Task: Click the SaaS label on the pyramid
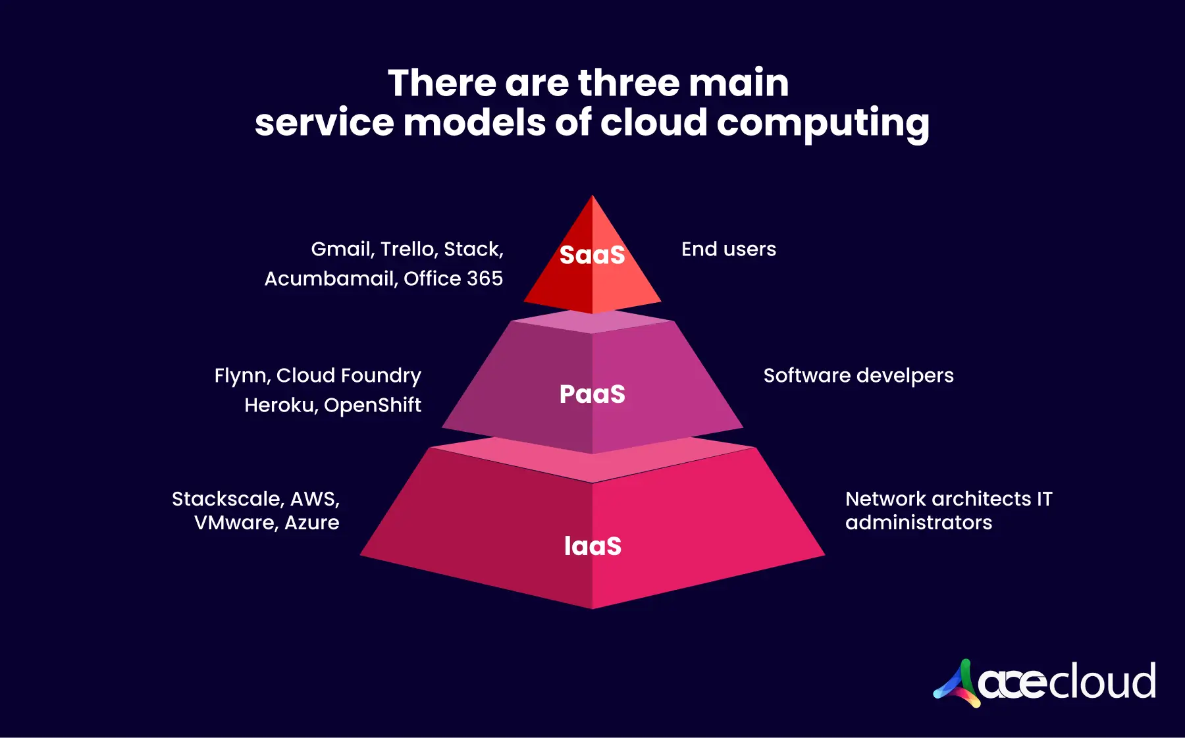point(592,255)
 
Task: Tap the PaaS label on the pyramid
point(592,394)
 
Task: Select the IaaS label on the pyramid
point(592,546)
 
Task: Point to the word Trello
point(408,250)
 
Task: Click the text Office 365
point(453,279)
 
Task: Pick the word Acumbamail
point(330,279)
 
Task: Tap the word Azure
point(312,523)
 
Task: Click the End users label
point(728,250)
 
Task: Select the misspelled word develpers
point(905,376)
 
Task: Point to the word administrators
point(918,523)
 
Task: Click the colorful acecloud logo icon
point(957,683)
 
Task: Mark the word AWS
point(314,499)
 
